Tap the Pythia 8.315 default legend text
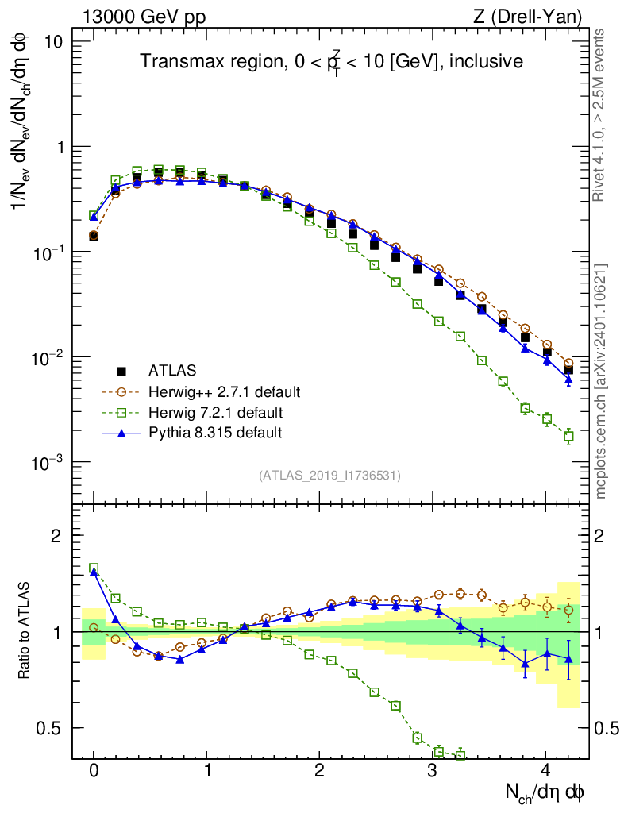pyautogui.click(x=215, y=433)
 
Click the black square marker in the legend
pyautogui.click(x=121, y=371)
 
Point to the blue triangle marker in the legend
pyautogui.click(x=121, y=433)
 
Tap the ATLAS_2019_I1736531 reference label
pyautogui.click(x=329, y=476)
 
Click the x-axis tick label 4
pyautogui.click(x=545, y=769)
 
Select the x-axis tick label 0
pyautogui.click(x=94, y=769)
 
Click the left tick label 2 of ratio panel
pyautogui.click(x=56, y=536)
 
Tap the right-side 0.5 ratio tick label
pyautogui.click(x=607, y=728)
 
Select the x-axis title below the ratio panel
pyautogui.click(x=545, y=792)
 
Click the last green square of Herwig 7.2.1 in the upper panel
pyautogui.click(x=568, y=436)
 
